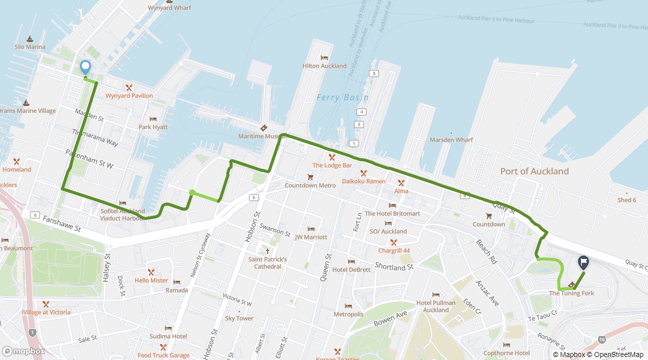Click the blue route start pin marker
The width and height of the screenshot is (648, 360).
pos(85,66)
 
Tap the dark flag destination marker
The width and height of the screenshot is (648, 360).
pos(583,261)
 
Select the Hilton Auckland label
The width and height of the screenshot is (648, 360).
pos(324,66)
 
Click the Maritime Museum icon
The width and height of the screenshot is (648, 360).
pos(263,128)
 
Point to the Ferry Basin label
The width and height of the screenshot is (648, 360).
pos(342,97)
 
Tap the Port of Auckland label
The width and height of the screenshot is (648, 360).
pos(534,171)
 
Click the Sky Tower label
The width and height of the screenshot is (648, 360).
pos(239,318)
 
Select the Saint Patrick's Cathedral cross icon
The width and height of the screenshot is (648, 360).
pos(267,251)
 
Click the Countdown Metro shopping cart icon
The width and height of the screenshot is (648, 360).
pos(310,177)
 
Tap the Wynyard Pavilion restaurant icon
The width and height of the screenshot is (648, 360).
pos(129,87)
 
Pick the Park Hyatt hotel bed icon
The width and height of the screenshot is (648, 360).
pos(153,119)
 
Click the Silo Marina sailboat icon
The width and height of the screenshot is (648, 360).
pos(29,39)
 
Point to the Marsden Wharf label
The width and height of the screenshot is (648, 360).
pos(451,140)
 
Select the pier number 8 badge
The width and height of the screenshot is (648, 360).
pos(373,74)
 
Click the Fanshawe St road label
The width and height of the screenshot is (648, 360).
pos(61,223)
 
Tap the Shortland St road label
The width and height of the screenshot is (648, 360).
pos(394,267)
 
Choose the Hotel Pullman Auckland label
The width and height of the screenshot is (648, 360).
pos(436,306)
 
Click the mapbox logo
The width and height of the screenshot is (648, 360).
pos(23,351)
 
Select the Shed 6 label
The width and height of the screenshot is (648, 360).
pos(626,200)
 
